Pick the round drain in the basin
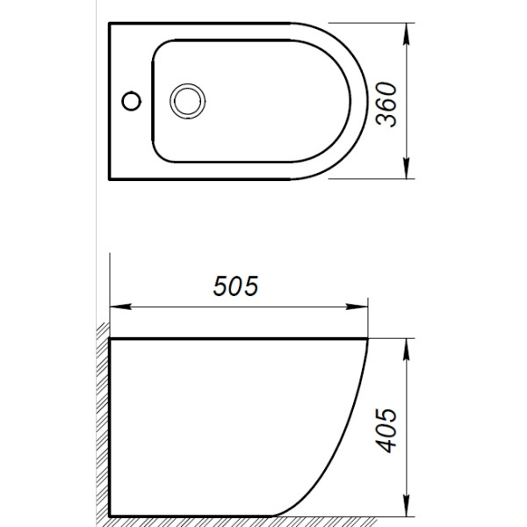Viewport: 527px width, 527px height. [186, 99]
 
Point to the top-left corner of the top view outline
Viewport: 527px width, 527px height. [108, 24]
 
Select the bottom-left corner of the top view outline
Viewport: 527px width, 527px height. [108, 177]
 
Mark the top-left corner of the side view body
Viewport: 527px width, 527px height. [109, 338]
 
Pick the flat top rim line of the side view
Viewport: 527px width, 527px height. [237, 338]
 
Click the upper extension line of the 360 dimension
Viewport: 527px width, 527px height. [369, 24]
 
